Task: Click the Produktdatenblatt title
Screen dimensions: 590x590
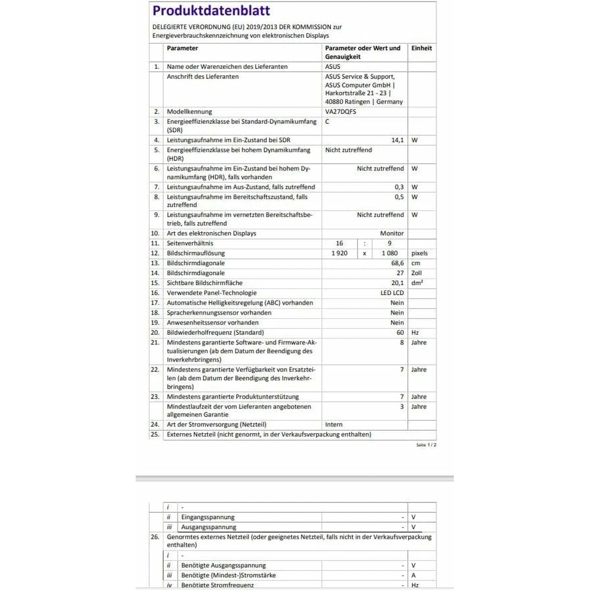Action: click(x=211, y=11)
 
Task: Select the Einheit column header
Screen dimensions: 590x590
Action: click(x=421, y=48)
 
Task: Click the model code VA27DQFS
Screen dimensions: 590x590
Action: click(x=340, y=112)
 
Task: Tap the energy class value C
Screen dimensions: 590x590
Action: click(x=327, y=121)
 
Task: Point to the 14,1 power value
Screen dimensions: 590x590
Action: click(x=397, y=140)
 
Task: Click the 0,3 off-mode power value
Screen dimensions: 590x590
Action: click(x=399, y=187)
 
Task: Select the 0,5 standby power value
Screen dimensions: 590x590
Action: click(x=399, y=197)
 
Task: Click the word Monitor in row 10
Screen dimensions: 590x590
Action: click(x=391, y=234)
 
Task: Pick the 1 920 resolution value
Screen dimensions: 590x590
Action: click(x=339, y=253)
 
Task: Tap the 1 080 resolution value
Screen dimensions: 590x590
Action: click(x=389, y=253)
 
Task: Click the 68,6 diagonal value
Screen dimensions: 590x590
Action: click(x=397, y=263)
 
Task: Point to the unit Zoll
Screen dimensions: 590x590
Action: click(x=416, y=273)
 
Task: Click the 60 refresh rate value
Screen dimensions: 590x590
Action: click(x=400, y=332)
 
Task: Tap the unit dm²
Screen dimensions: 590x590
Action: click(x=417, y=283)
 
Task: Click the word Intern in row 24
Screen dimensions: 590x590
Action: click(x=334, y=424)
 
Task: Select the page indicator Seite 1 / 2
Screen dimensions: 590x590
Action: click(x=426, y=444)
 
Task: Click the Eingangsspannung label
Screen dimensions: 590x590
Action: click(x=207, y=517)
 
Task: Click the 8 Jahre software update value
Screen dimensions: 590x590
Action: click(x=402, y=342)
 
